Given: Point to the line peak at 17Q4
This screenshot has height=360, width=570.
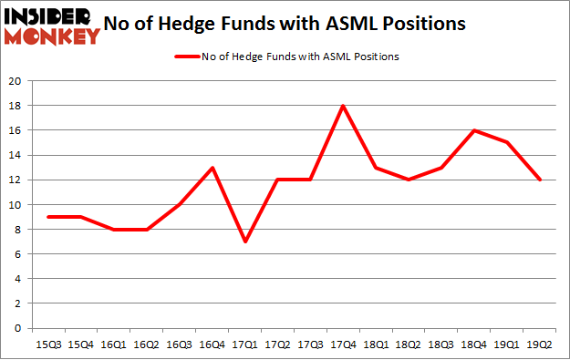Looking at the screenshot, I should tap(343, 106).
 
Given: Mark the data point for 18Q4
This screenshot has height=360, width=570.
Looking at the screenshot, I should tap(473, 130).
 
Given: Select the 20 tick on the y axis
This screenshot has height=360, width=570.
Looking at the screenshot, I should tap(16, 81).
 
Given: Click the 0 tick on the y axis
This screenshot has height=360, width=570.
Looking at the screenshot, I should tap(20, 328).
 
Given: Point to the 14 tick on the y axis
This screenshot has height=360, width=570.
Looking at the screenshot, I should tap(16, 155).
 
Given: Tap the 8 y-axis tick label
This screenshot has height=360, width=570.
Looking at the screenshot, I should tap(20, 230).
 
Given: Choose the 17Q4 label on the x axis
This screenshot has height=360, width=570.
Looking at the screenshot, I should tap(343, 344).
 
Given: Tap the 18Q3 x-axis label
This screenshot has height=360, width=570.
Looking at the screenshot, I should tap(440, 344).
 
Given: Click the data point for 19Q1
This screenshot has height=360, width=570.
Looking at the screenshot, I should tap(505, 143).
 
